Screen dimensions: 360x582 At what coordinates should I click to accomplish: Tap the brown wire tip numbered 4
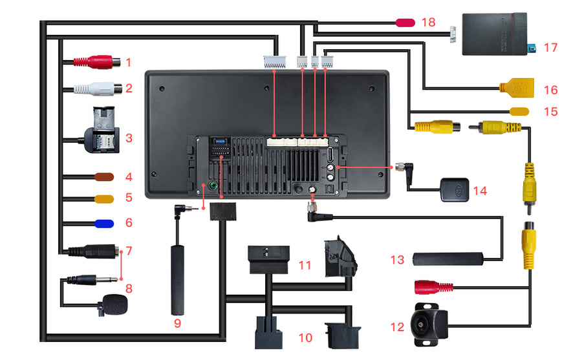click(103, 176)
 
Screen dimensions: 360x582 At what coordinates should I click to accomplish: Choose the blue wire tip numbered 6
click(103, 224)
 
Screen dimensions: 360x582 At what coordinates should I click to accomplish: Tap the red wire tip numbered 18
click(405, 23)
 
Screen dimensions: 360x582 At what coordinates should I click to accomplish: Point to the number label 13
click(398, 259)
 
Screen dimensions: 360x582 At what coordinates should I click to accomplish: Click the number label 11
click(305, 265)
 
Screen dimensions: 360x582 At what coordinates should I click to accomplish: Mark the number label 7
click(129, 249)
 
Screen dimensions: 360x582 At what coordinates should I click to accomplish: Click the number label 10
click(305, 337)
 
